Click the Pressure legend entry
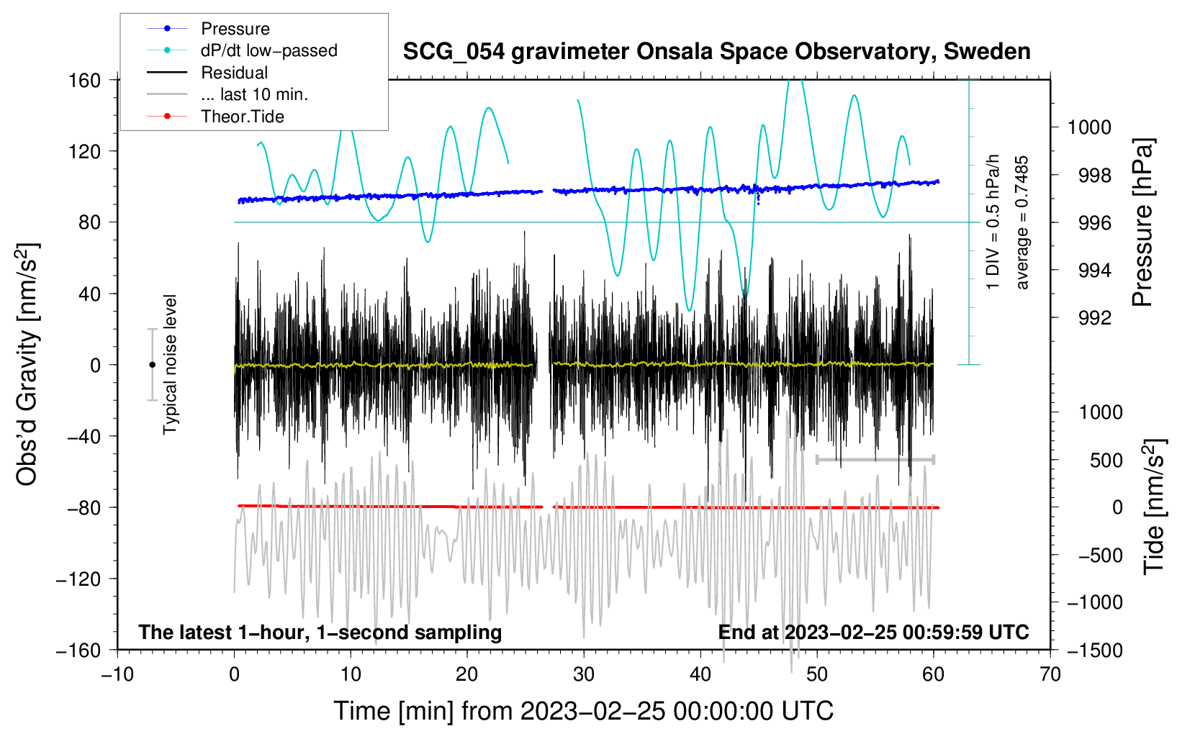[235, 29]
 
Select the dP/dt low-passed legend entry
[269, 50]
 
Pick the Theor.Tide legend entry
[242, 117]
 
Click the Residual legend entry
[234, 73]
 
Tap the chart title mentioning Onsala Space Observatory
[716, 52]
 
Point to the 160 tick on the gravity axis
[85, 80]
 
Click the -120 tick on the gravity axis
[78, 579]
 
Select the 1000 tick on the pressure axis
[1089, 127]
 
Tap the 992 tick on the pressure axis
[1094, 318]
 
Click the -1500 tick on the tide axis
[1095, 650]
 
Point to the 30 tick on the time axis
[584, 674]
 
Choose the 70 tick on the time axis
[1050, 674]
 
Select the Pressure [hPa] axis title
[1142, 223]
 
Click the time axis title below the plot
[584, 711]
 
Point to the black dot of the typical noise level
[152, 365]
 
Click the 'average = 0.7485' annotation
[1022, 223]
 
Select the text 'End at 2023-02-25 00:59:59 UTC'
[873, 632]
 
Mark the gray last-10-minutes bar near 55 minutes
[875, 459]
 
